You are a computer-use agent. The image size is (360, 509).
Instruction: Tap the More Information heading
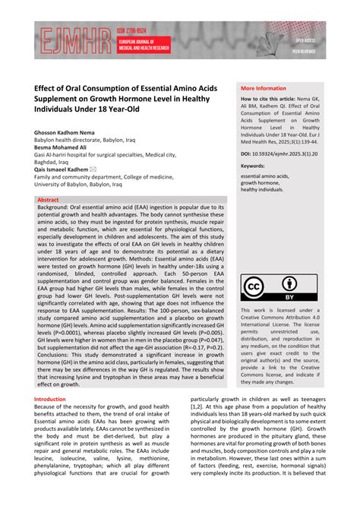click(x=264, y=88)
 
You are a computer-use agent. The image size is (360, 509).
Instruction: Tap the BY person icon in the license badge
click(x=289, y=286)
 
